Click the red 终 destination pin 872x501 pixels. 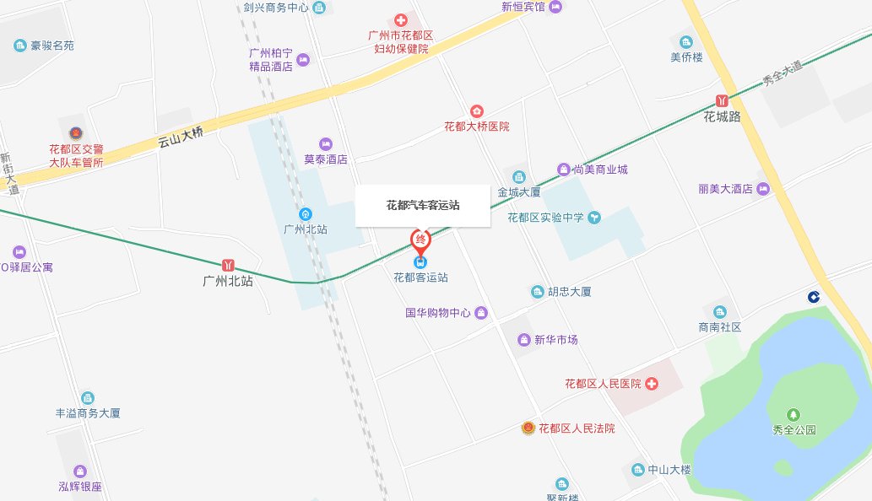coord(420,240)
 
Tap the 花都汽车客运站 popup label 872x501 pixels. coord(422,205)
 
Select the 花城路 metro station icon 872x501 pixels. coord(722,100)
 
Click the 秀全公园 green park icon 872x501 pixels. coord(793,414)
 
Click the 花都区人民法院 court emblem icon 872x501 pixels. coord(528,428)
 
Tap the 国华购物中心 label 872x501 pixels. coord(437,313)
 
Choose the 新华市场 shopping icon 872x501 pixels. coord(524,340)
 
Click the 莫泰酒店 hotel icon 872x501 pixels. coord(326,143)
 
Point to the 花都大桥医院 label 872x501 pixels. coord(477,127)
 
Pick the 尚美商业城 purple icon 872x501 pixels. coord(564,170)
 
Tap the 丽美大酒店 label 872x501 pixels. coord(725,189)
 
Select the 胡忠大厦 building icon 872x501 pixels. coord(537,292)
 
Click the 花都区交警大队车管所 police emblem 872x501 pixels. coord(76,133)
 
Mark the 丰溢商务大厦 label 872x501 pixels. coord(88,413)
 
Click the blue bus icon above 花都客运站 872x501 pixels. coord(420,261)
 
